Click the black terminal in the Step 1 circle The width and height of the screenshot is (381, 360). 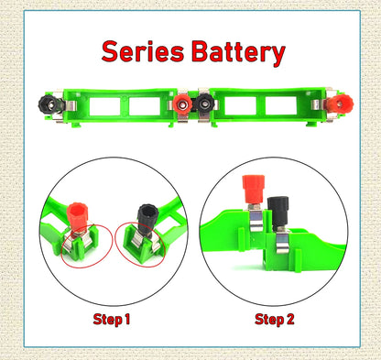146,221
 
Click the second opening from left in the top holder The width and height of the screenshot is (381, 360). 145,105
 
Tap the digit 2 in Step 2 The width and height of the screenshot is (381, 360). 290,320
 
